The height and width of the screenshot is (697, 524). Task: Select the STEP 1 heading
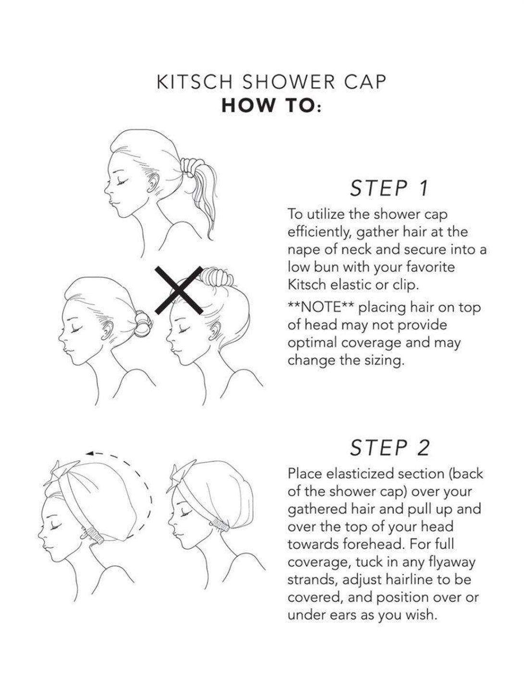pos(389,188)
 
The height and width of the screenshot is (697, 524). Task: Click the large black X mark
pos(179,290)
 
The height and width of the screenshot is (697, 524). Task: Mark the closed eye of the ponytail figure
pos(122,182)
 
